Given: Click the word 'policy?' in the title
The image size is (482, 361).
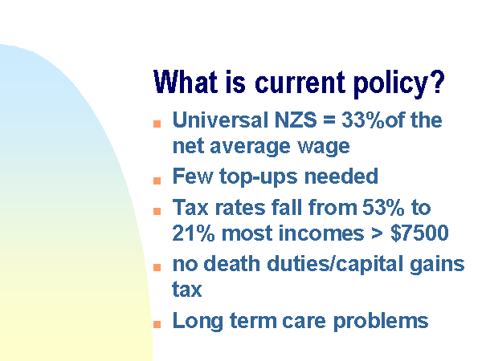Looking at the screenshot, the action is click(x=399, y=84).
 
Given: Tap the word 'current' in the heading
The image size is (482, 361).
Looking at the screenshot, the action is click(x=300, y=83).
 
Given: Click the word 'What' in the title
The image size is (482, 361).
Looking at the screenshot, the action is click(x=186, y=81).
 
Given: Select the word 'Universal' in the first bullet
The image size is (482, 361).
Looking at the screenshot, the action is click(x=220, y=120).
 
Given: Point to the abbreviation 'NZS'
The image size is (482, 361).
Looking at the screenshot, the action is click(x=296, y=120).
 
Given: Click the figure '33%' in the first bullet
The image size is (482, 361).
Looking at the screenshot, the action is click(x=363, y=120).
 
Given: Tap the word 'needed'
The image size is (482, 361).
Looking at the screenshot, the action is click(x=341, y=176).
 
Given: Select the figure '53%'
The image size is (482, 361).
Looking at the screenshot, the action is click(x=383, y=207).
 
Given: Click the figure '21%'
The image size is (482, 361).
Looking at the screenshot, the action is click(x=193, y=233).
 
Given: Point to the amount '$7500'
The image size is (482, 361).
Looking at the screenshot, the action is click(x=419, y=233).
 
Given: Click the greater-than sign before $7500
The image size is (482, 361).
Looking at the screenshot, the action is click(x=377, y=233).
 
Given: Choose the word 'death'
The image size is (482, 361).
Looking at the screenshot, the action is click(x=232, y=263).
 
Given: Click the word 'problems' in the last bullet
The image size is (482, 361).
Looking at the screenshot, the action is click(x=381, y=322).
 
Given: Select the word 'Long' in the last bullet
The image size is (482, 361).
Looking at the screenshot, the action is click(x=198, y=322).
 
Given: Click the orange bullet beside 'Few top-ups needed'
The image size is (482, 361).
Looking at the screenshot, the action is click(x=157, y=180).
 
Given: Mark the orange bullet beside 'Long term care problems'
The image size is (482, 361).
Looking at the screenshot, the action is click(x=157, y=324).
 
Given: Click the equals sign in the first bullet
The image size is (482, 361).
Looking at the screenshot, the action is click(x=329, y=120).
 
